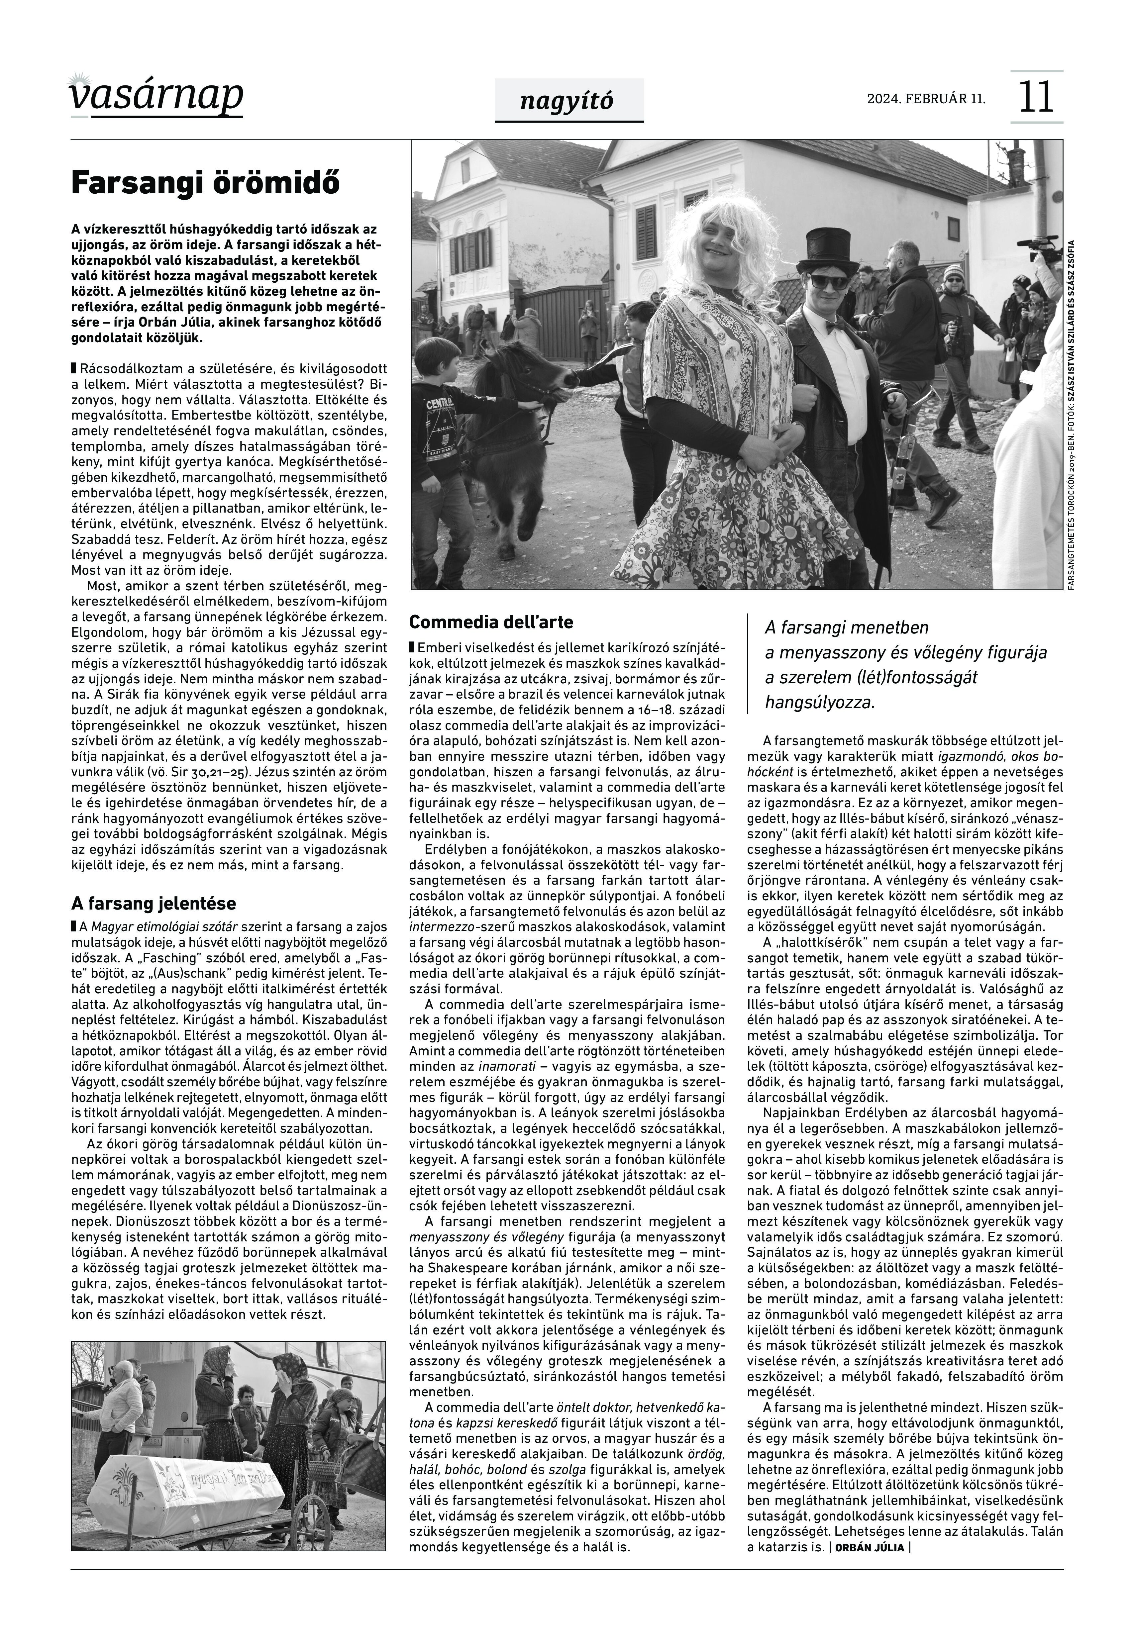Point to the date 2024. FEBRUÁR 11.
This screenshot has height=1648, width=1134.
point(926,99)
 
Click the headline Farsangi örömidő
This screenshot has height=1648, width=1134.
point(206,183)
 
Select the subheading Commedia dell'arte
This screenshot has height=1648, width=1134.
point(492,622)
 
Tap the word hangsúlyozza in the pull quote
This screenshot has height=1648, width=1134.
point(819,703)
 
